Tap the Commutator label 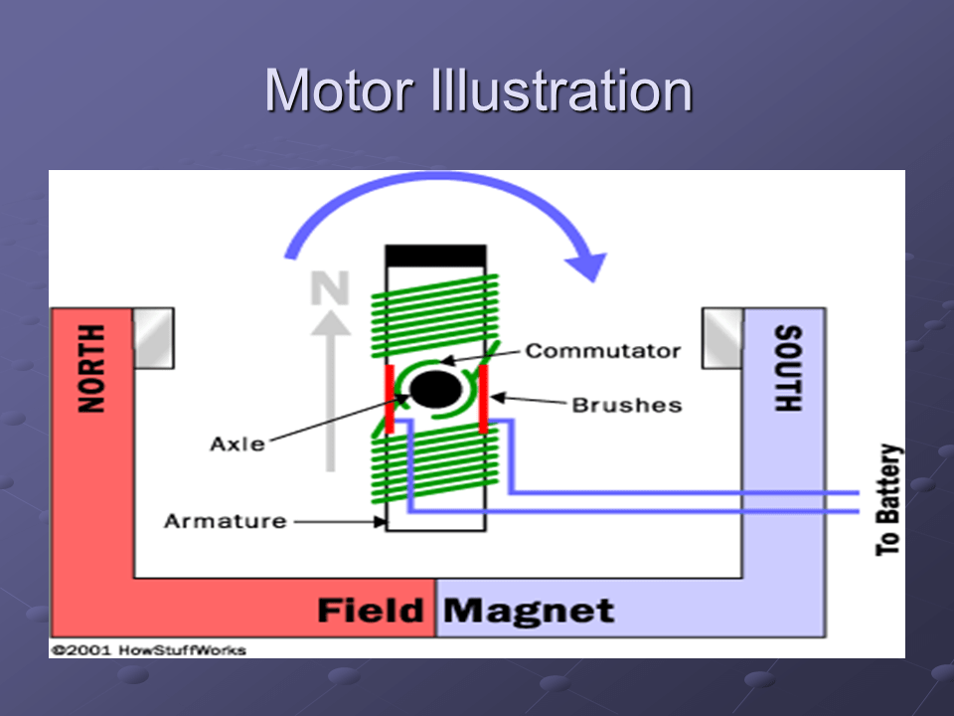pos(602,351)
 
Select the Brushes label pos(626,405)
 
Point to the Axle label pos(238,444)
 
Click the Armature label pos(225,520)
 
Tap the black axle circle pos(433,390)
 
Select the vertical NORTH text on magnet pos(90,369)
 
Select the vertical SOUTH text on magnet pos(786,369)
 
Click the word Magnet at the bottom pos(528,610)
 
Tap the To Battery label pos(889,499)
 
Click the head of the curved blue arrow pos(589,263)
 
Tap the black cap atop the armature pos(435,256)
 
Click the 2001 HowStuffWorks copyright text pos(148,649)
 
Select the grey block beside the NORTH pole pos(153,337)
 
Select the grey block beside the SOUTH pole pos(722,337)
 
